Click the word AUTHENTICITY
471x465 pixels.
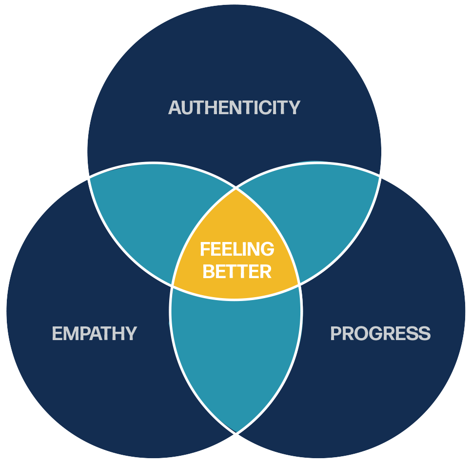tap(234, 107)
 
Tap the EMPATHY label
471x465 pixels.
tap(94, 334)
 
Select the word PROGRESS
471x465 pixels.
tap(380, 334)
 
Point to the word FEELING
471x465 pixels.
tap(237, 249)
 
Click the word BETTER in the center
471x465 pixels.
tap(237, 271)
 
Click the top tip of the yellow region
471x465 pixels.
tap(236, 189)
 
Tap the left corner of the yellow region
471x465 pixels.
tap(173, 286)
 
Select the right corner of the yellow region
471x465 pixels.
tap(299, 284)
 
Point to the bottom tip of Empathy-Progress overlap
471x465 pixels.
tap(236, 432)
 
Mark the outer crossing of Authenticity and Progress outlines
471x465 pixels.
tap(381, 175)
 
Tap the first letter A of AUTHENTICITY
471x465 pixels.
tap(175, 107)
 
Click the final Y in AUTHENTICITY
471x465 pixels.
tap(294, 107)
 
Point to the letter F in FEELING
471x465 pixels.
tap(205, 249)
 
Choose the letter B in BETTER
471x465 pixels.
tap(208, 271)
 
